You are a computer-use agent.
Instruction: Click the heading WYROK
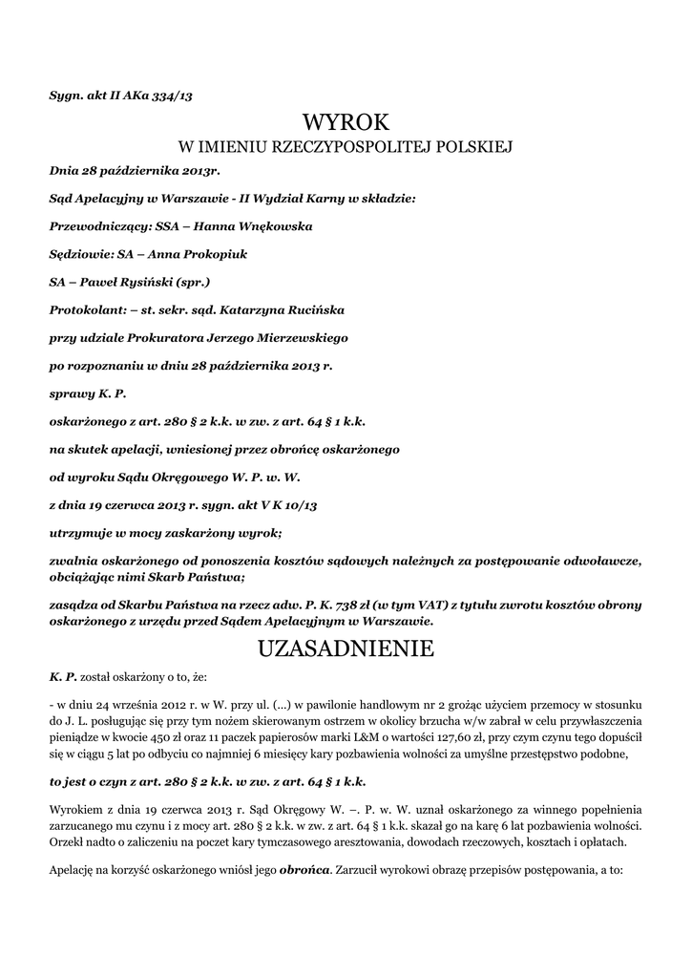pos(346,121)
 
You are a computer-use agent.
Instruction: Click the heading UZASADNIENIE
pos(346,649)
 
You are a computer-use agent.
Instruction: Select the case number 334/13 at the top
pos(178,95)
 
